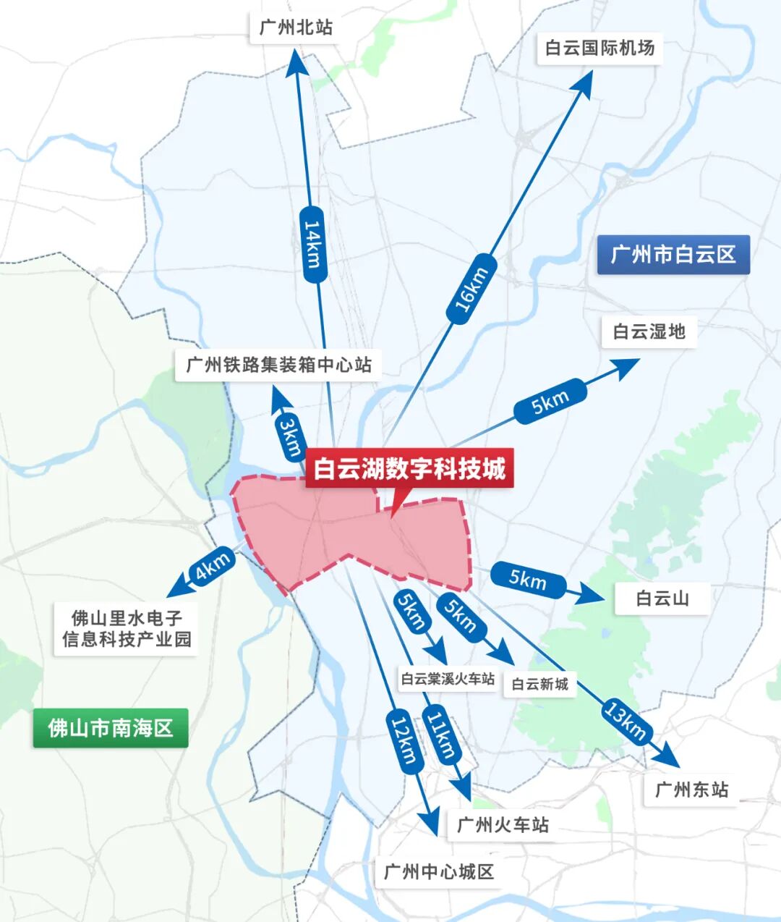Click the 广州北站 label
coord(296,28)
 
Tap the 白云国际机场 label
coord(599,48)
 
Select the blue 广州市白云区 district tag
coord(673,255)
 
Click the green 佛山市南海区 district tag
coord(111,727)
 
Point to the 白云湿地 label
coord(649,331)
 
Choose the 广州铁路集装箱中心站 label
coord(278,365)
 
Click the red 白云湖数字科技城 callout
coord(409,469)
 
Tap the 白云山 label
coord(662,599)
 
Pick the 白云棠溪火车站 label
coord(448,679)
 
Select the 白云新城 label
coord(539,684)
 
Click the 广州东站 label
coord(691,790)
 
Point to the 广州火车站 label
coord(503,824)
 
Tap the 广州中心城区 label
coord(438,871)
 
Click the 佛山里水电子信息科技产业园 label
coord(127,628)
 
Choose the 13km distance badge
coord(625,720)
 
